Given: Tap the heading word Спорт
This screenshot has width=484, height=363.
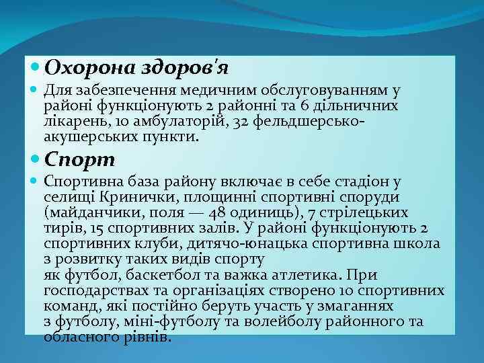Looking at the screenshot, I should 80,161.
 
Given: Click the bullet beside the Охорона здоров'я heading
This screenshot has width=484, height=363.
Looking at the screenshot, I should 35,68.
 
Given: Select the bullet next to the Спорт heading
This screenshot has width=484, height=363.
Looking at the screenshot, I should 35,161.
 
